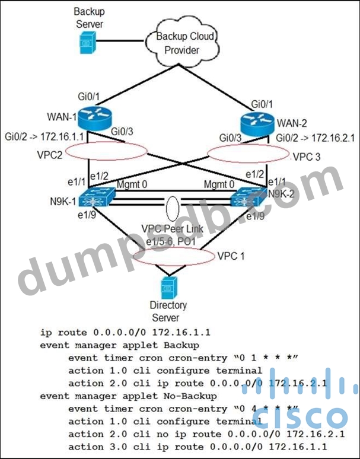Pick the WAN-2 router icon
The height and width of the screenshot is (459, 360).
[257, 125]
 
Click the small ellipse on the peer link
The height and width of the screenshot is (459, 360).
[171, 209]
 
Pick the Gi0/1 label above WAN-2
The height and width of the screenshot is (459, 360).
[262, 103]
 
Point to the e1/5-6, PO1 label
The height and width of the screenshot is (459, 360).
[171, 243]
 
